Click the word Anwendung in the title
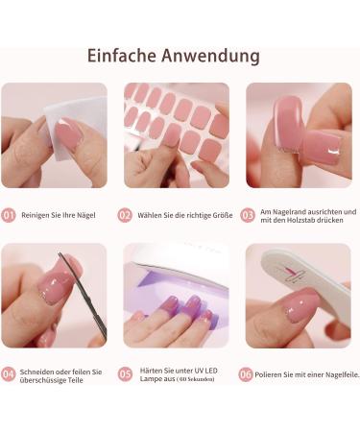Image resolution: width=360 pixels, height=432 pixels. [217, 56]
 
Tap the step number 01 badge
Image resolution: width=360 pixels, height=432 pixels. [9, 215]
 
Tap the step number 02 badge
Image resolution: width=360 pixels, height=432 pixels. [125, 215]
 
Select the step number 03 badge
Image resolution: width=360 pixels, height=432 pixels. [247, 215]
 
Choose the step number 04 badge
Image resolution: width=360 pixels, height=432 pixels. [9, 373]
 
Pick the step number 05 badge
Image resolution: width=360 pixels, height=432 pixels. [125, 373]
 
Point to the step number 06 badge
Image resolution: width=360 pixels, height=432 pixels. [247, 373]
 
